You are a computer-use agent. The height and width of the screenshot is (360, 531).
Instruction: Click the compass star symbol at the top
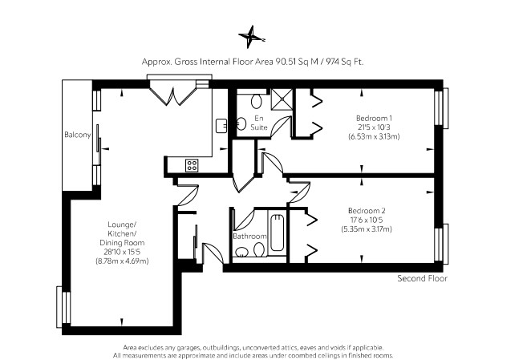(251, 36)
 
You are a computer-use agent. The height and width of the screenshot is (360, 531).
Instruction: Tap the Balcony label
(77, 136)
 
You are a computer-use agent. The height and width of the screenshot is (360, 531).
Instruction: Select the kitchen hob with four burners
(193, 165)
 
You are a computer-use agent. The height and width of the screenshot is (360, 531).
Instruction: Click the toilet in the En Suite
(255, 101)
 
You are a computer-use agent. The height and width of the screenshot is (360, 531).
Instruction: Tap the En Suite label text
(259, 123)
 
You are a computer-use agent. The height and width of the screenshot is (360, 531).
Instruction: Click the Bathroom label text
(249, 237)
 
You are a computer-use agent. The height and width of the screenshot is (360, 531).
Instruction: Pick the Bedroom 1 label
(374, 118)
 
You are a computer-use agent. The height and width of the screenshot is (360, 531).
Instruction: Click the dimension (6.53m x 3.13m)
(374, 136)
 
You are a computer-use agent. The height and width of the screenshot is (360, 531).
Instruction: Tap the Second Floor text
(422, 278)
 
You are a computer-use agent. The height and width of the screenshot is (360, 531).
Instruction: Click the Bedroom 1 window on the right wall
(440, 107)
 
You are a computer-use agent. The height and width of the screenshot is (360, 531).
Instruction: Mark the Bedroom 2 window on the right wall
(440, 243)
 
